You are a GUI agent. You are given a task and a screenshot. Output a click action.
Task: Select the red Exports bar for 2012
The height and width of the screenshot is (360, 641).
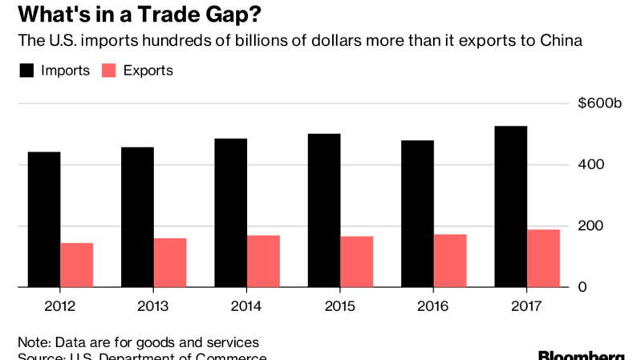(76, 265)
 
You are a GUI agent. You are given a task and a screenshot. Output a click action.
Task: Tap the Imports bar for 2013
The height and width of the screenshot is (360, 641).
(137, 216)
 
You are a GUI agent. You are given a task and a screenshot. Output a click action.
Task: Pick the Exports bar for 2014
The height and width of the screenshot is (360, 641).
(263, 261)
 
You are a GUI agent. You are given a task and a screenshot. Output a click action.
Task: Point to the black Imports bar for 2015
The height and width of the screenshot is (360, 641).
(324, 210)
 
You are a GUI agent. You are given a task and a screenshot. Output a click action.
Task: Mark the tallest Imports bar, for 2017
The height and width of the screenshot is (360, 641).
(511, 206)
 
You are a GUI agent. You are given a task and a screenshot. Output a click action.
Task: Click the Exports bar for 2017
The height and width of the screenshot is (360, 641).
(543, 258)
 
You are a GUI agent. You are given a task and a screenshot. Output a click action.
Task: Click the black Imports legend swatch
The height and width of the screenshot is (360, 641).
(27, 71)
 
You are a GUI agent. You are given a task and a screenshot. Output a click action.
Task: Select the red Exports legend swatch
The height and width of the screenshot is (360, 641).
(109, 71)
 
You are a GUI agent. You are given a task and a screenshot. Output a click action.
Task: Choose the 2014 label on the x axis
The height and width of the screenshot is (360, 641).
(247, 305)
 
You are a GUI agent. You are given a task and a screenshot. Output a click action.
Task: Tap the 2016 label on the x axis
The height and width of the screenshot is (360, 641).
(434, 305)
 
